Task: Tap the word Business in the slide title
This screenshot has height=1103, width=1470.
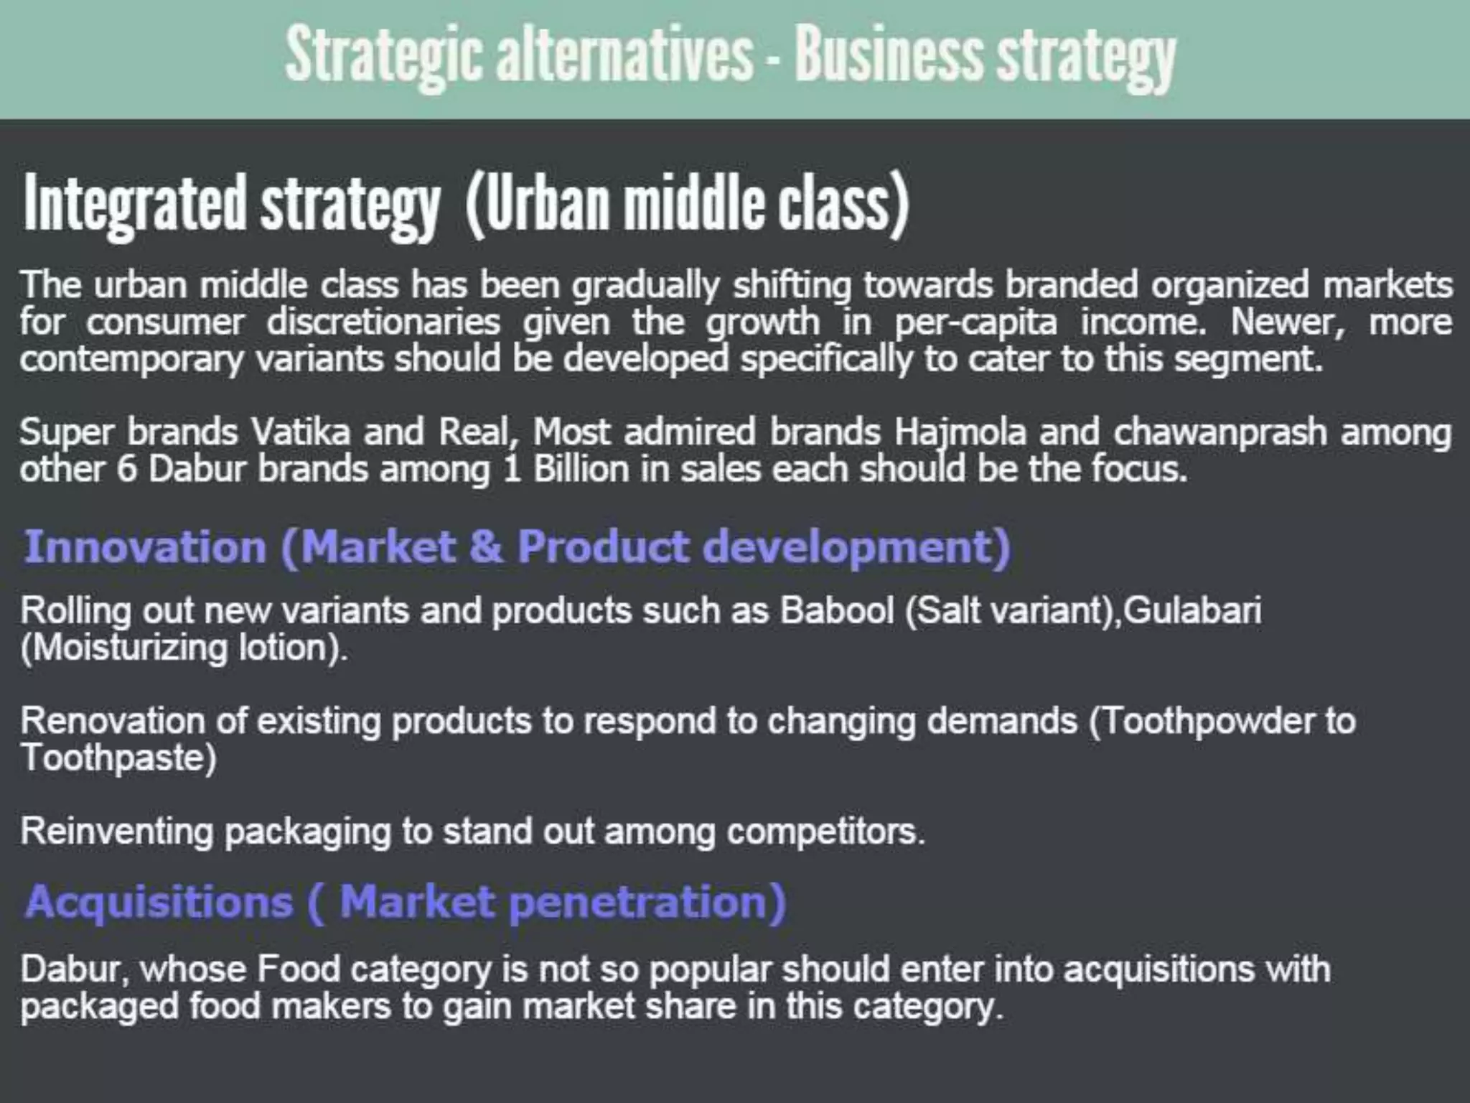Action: [887, 56]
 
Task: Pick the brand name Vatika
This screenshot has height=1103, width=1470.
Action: [300, 432]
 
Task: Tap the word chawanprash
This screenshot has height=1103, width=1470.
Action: [1219, 432]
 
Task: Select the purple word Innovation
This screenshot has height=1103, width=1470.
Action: [146, 547]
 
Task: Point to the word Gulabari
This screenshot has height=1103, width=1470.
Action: [1192, 611]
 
